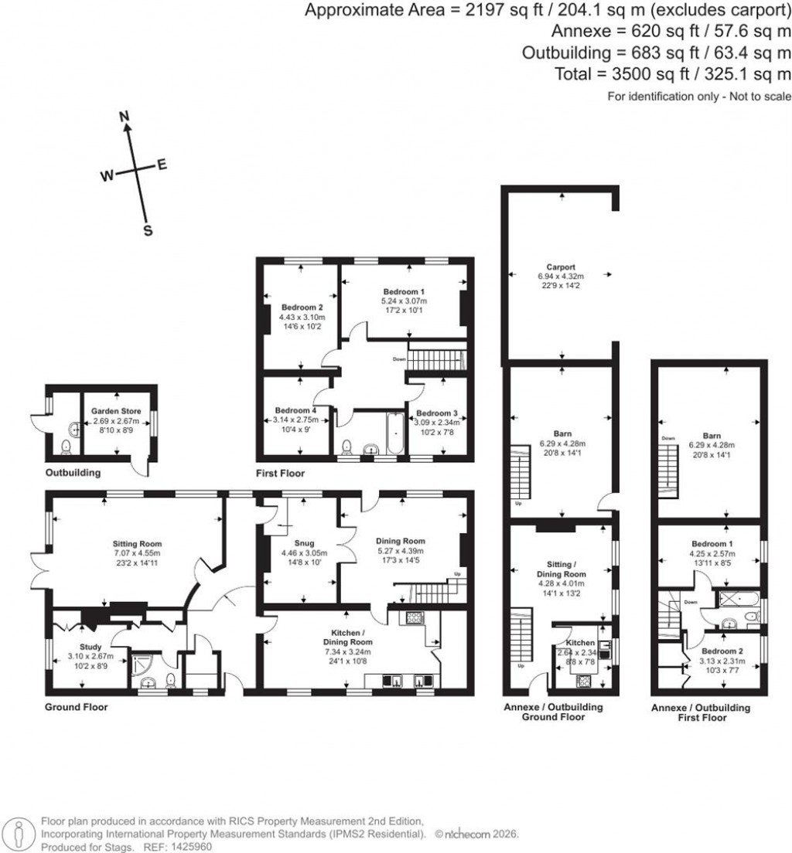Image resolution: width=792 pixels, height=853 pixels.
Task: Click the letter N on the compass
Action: pos(123,116)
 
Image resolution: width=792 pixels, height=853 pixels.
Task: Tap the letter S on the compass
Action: pos(148,231)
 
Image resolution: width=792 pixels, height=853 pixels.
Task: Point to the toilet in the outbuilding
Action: pos(66,446)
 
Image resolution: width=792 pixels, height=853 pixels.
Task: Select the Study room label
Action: pos(90,647)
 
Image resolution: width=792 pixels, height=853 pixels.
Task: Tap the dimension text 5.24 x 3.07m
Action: pos(404,301)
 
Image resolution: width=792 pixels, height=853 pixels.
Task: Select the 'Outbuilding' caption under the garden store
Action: pos(71,472)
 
